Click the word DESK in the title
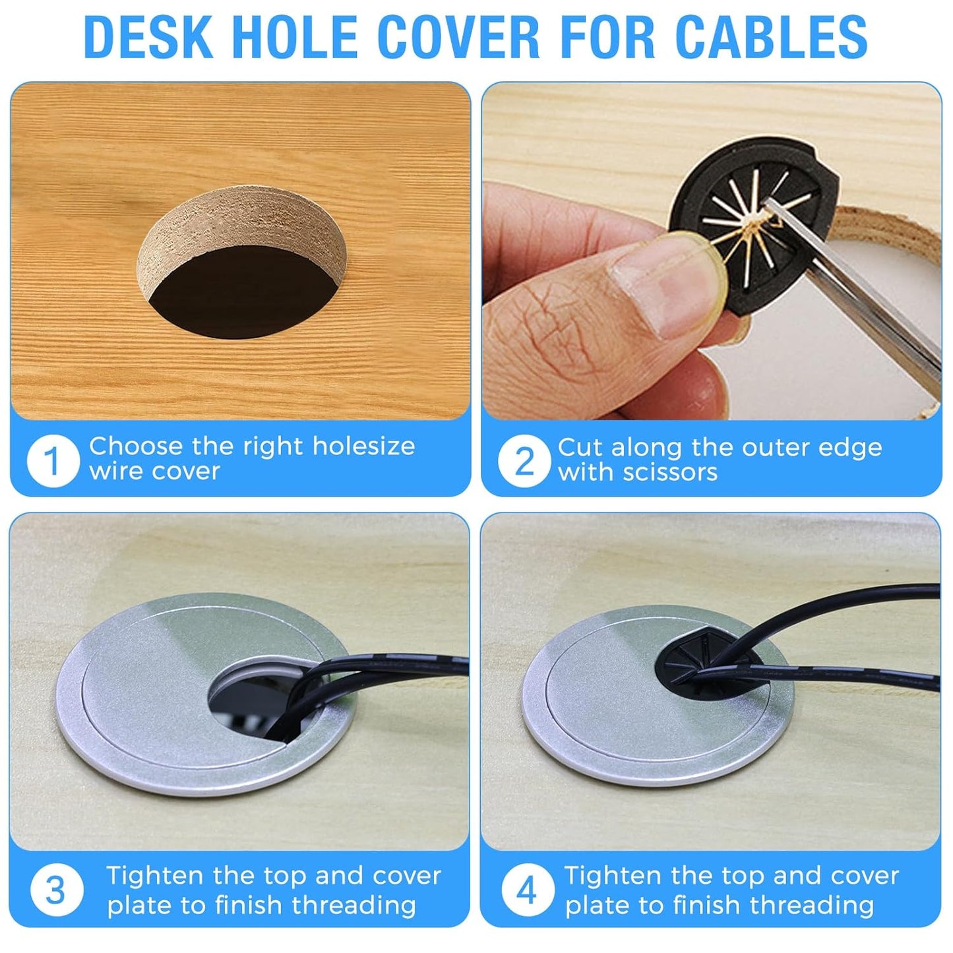coord(148,37)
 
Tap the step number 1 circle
coord(53,460)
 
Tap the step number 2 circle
coord(524,461)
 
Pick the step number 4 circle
coord(527,890)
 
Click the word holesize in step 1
coord(363,446)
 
